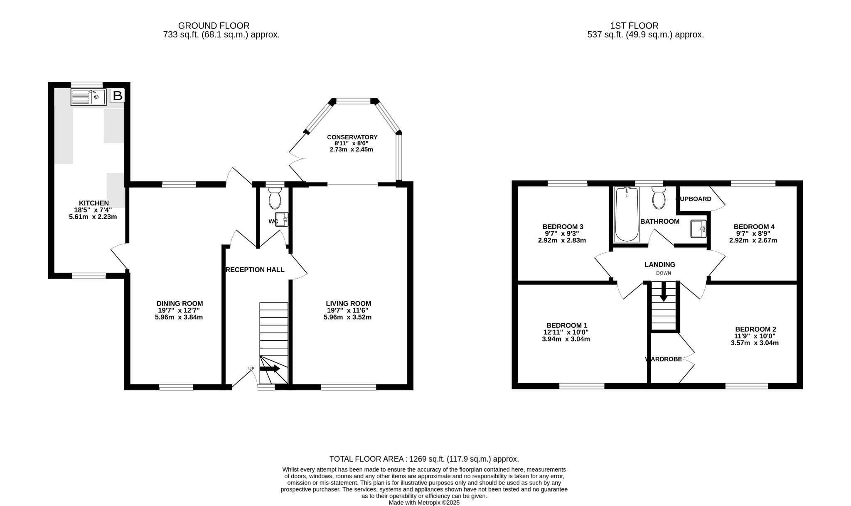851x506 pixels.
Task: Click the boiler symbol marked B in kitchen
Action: (118, 96)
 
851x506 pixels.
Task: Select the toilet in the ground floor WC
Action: (275, 198)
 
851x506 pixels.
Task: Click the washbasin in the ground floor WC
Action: (282, 219)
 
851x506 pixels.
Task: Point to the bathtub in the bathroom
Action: (627, 215)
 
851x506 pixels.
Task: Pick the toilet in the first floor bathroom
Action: (659, 198)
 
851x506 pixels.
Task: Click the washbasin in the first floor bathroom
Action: (698, 229)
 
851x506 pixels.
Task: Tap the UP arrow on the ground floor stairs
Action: (270, 369)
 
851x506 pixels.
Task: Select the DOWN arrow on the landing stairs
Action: (664, 292)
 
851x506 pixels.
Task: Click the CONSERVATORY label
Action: (352, 137)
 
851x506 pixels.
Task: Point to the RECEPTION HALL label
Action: (255, 270)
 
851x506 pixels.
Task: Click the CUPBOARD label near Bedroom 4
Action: (694, 199)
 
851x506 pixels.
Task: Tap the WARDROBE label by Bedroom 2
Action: (664, 359)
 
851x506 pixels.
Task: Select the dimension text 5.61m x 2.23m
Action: (93, 217)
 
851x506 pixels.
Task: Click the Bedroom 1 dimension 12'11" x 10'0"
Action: (566, 332)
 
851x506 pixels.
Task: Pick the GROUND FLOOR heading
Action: (214, 26)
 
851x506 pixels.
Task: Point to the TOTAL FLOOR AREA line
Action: (424, 459)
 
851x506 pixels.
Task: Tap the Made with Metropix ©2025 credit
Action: (424, 502)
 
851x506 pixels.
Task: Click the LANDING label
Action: (659, 264)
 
